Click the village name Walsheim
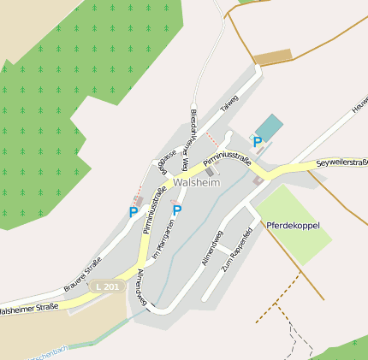coord(196,183)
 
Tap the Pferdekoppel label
coord(293,226)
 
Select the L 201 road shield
coord(108,286)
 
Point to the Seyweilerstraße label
coord(341,162)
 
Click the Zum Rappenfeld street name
coord(236,248)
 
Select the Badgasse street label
coord(164,162)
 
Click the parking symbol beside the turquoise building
coord(257,142)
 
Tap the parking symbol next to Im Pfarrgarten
coord(177,210)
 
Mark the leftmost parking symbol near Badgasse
coord(133,211)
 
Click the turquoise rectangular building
coord(269,127)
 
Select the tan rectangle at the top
coord(273,57)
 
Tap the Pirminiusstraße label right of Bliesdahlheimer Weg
coord(227,156)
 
